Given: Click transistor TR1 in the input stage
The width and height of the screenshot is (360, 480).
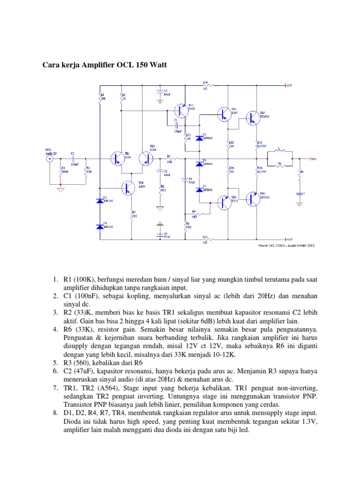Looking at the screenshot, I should pyautogui.click(x=117, y=158).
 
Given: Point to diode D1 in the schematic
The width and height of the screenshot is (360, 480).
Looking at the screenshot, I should pyautogui.click(x=99, y=201).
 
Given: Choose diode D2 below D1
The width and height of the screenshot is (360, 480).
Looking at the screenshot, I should pyautogui.click(x=99, y=226).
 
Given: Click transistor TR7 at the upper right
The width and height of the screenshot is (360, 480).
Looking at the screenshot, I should pyautogui.click(x=253, y=118).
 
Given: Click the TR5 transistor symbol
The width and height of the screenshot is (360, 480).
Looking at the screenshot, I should pyautogui.click(x=224, y=113).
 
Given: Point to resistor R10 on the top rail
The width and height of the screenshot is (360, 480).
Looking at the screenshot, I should pyautogui.click(x=205, y=85).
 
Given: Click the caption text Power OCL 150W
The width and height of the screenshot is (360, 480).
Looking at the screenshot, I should pyautogui.click(x=274, y=244).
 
